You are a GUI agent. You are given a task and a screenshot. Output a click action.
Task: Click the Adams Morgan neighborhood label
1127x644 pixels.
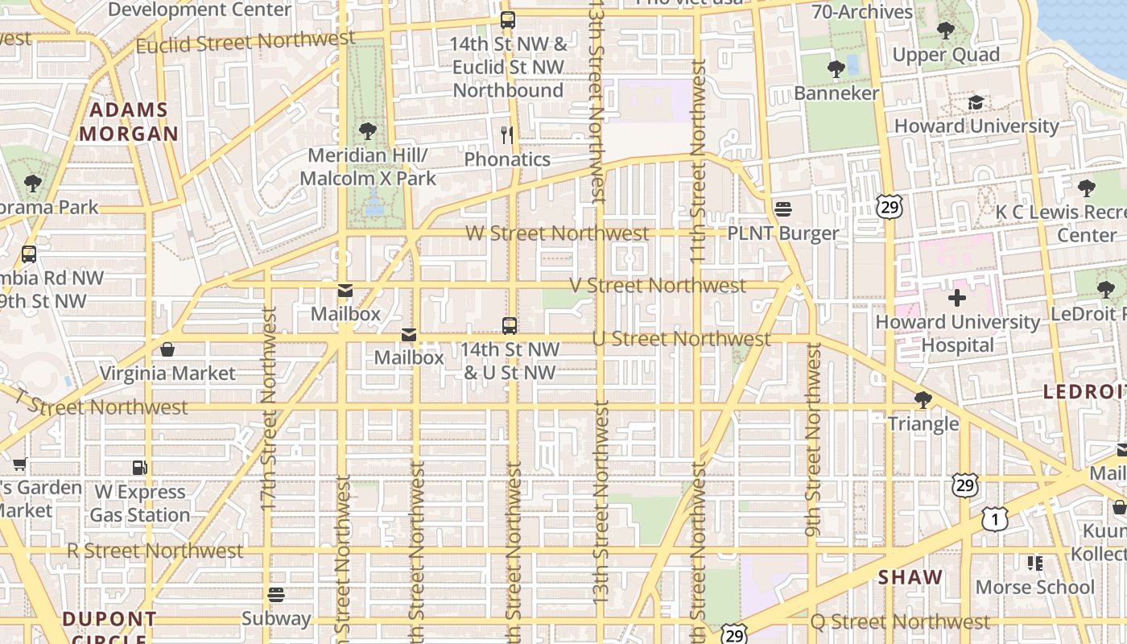(129, 122)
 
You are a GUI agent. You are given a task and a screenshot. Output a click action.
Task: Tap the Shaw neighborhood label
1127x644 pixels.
(910, 577)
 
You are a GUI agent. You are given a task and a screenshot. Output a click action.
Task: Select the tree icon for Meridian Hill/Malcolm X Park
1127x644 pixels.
(368, 130)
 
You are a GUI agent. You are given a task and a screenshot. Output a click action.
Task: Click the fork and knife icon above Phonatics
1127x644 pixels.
(507, 134)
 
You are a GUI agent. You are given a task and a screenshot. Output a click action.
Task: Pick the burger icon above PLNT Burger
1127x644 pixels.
(783, 209)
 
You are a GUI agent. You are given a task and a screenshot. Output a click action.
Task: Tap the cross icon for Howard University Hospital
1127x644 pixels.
(956, 298)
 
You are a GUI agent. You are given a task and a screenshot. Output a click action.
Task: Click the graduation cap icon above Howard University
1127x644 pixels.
(976, 102)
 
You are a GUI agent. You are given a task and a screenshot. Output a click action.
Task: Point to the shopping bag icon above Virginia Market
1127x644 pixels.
(167, 349)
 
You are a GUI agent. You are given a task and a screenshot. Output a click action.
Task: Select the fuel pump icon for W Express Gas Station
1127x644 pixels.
(140, 468)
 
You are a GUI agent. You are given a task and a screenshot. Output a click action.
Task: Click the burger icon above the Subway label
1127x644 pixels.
(276, 595)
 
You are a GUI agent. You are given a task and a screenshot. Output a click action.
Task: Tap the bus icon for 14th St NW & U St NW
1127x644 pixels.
(509, 325)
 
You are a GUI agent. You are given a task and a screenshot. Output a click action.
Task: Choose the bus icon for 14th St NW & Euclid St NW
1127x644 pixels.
(507, 20)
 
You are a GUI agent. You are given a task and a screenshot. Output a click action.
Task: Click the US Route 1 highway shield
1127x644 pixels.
(994, 519)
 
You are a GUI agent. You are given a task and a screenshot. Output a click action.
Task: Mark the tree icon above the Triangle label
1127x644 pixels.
(923, 399)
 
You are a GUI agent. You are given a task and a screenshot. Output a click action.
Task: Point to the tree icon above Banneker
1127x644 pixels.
(836, 69)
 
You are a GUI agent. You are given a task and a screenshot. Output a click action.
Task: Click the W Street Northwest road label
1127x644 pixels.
(557, 233)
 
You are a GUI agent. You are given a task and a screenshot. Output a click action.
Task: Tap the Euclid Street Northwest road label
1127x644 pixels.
(245, 42)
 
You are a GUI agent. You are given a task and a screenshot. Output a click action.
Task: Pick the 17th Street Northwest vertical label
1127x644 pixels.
(269, 408)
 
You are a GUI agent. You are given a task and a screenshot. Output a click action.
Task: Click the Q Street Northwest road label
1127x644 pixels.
(900, 621)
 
